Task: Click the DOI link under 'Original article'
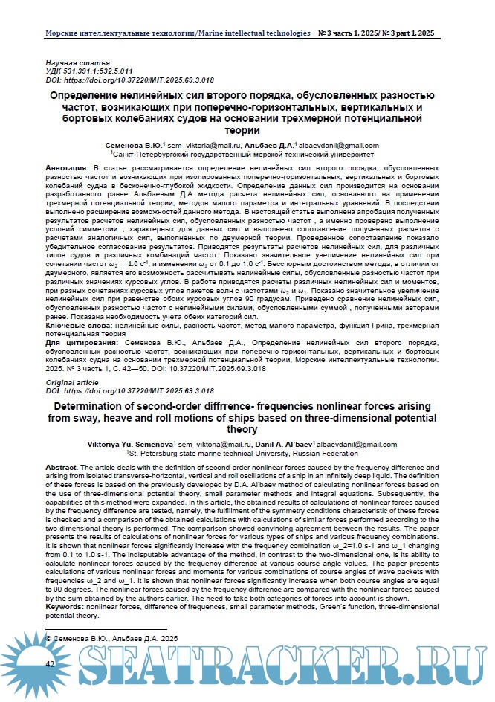click(x=130, y=390)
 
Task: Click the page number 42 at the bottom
click(x=51, y=663)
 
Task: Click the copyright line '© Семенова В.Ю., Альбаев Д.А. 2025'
click(x=111, y=638)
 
